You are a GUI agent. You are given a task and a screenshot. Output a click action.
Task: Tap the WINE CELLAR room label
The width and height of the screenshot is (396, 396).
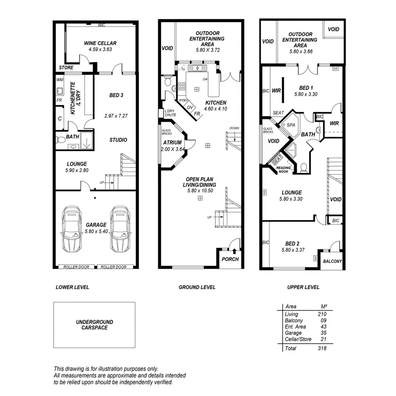[100, 43]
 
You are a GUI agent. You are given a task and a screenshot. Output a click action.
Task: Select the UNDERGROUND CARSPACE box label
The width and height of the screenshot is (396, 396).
[94, 325]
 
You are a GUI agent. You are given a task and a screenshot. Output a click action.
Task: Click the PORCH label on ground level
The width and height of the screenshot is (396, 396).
[231, 259]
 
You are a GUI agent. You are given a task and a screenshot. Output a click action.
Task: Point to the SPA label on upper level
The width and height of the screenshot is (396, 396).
[291, 125]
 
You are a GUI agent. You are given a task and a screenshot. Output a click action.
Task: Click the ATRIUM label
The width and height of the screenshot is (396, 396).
[172, 143]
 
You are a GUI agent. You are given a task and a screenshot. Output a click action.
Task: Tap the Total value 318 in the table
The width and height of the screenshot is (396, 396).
[321, 348]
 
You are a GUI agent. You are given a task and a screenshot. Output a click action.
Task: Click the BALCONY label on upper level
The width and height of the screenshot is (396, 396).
[332, 262]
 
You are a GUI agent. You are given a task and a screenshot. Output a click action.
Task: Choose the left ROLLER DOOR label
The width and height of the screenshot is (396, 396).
[76, 267]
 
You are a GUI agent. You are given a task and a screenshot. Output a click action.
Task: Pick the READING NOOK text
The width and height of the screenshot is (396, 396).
[283, 170]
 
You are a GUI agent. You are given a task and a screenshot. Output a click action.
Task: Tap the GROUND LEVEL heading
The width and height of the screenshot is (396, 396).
[197, 287]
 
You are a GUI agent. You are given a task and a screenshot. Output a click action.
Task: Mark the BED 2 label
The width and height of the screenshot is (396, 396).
[292, 243]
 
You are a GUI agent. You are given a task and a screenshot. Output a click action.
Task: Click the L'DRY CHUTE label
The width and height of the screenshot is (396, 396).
[170, 113]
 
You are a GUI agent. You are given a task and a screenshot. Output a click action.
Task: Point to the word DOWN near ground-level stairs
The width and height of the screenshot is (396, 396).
[234, 128]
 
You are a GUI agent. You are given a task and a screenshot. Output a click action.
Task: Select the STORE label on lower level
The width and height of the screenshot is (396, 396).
[66, 68]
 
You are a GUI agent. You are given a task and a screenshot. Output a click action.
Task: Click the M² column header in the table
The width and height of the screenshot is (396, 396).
[323, 306]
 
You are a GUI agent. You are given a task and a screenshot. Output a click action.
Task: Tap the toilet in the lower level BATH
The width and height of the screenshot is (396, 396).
[61, 139]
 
